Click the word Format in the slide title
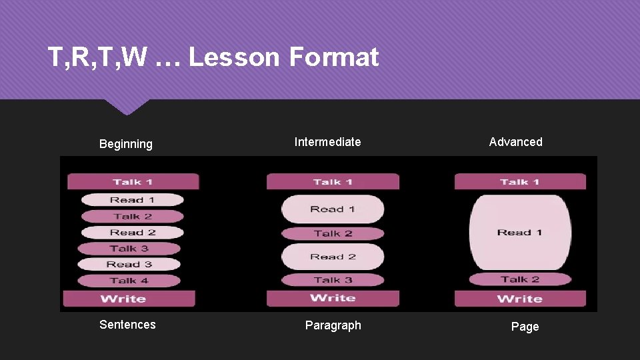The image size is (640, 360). pyautogui.click(x=334, y=57)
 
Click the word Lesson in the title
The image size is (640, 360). pyautogui.click(x=234, y=57)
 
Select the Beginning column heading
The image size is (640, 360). pyautogui.click(x=126, y=144)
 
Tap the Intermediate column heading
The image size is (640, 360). pyautogui.click(x=328, y=142)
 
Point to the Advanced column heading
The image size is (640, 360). pyautogui.click(x=515, y=142)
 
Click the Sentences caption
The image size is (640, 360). pyautogui.click(x=127, y=325)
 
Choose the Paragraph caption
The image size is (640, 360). pyautogui.click(x=333, y=325)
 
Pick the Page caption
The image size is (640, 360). pyautogui.click(x=525, y=327)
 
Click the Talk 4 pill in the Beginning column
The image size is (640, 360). pyautogui.click(x=129, y=281)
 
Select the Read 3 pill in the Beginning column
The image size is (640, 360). pyautogui.click(x=129, y=265)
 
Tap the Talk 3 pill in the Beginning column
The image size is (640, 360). pyautogui.click(x=129, y=249)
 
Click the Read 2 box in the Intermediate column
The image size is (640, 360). pyautogui.click(x=333, y=257)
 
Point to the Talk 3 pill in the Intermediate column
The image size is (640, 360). pyautogui.click(x=333, y=280)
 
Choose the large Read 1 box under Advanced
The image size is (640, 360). pyautogui.click(x=519, y=232)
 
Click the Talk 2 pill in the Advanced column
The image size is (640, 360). pyautogui.click(x=519, y=279)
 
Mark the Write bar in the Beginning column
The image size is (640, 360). pyautogui.click(x=129, y=299)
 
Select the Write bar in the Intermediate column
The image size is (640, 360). pyautogui.click(x=333, y=298)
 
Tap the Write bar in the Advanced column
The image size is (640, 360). pyautogui.click(x=519, y=299)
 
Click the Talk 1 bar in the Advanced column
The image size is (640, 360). pyautogui.click(x=519, y=182)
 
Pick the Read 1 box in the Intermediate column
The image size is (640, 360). pyautogui.click(x=333, y=209)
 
